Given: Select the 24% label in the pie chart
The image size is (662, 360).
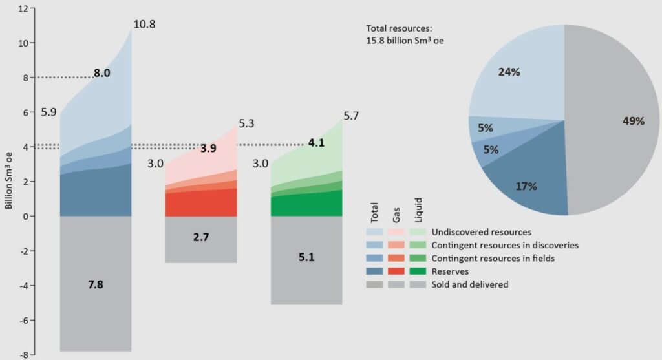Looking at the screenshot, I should pyautogui.click(x=509, y=72).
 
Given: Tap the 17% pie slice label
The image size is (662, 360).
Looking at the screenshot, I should pyautogui.click(x=526, y=186).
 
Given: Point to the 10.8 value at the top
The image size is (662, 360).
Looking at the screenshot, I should pyautogui.click(x=144, y=25).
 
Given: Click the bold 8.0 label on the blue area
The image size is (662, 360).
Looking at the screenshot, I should pyautogui.click(x=102, y=73).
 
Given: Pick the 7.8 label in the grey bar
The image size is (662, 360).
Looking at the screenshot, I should pyautogui.click(x=96, y=284).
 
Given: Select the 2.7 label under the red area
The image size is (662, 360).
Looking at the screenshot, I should pyautogui.click(x=201, y=237).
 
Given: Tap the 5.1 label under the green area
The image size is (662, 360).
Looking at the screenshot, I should pyautogui.click(x=306, y=257).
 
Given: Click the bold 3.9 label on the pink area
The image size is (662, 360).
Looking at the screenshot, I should pyautogui.click(x=208, y=148).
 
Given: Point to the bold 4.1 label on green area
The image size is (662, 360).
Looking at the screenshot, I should pyautogui.click(x=316, y=143).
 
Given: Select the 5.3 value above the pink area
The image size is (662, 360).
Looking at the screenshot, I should pyautogui.click(x=247, y=123).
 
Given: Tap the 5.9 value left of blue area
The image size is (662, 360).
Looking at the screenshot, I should pyautogui.click(x=49, y=112).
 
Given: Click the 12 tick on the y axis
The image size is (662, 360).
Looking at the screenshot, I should pyautogui.click(x=24, y=9).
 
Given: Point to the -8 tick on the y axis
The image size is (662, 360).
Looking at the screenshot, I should pyautogui.click(x=24, y=354).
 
